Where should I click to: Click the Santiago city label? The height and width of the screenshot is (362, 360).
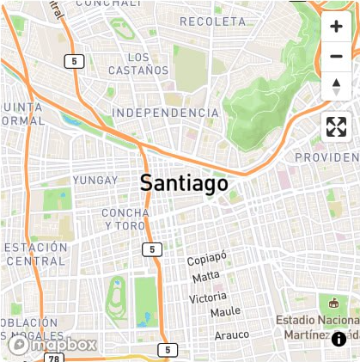point(184,182)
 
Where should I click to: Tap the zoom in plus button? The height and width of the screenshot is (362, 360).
point(336,27)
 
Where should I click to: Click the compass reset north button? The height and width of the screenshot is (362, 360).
point(336,87)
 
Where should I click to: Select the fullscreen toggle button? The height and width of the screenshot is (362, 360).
point(336,127)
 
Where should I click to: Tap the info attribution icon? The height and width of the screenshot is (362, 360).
point(339,339)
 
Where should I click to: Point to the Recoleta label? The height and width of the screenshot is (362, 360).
point(213,21)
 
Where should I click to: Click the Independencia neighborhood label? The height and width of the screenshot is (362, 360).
point(166,113)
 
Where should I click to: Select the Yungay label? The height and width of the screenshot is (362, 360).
point(95,180)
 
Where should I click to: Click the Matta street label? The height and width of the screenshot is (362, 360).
point(206,277)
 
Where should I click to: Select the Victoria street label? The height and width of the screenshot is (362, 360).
point(208,298)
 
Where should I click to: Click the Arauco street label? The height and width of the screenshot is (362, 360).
point(231,334)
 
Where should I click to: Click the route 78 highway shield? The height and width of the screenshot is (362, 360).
point(54,357)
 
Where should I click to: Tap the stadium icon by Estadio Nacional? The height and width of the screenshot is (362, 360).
point(333,303)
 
